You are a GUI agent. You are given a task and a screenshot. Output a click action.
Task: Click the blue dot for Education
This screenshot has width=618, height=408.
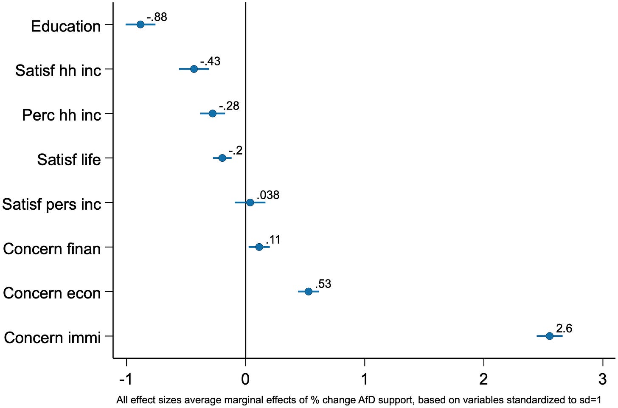140,25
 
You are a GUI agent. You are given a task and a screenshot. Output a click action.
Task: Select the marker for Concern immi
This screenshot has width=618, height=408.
550,336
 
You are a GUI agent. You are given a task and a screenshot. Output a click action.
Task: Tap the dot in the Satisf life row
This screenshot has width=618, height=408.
222,158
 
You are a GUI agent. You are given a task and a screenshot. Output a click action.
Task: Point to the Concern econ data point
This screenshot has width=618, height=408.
309,292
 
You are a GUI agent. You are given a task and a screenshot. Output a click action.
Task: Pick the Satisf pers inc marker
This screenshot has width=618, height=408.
250,203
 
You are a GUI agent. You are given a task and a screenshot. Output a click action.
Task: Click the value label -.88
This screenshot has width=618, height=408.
157,17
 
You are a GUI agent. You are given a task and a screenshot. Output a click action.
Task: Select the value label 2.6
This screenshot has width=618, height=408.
564,329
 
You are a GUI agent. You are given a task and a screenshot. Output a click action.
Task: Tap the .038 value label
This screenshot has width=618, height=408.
268,195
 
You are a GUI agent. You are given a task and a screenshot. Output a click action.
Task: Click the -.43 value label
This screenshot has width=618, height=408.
210,61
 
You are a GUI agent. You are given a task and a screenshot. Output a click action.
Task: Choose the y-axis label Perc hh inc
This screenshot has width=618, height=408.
62,115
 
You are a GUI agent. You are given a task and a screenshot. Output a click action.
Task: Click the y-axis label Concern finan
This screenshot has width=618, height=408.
52,249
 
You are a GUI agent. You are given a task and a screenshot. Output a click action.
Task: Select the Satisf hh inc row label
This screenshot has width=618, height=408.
58,70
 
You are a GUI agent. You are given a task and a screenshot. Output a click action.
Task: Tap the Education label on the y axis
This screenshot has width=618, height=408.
66,26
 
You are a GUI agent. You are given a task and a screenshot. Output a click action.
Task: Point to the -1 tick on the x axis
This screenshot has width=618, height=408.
126,379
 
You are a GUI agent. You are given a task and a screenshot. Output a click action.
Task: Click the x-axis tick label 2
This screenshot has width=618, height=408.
483,379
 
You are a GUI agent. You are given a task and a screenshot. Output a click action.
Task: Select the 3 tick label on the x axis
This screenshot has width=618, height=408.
603,379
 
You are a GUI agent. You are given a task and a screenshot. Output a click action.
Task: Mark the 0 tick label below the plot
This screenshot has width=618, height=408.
245,379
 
